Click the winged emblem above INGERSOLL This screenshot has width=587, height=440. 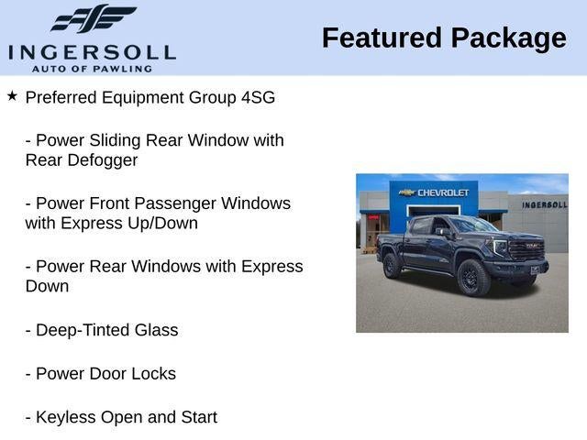[x=94, y=18]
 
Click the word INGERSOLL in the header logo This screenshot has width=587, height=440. [x=92, y=53]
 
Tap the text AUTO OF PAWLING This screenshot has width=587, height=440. [x=92, y=69]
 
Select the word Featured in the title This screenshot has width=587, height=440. [x=382, y=38]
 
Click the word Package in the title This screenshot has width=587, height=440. [x=509, y=39]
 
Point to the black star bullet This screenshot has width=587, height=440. [x=12, y=95]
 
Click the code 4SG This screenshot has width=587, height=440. [x=259, y=98]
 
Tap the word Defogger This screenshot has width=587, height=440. [x=103, y=161]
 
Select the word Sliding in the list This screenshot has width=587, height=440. [x=115, y=141]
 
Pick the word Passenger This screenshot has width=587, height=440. [x=175, y=204]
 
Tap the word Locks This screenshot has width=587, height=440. [x=154, y=374]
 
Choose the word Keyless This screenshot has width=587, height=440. [x=66, y=418]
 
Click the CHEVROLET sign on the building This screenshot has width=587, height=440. [x=434, y=192]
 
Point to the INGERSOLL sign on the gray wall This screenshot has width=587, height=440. [x=545, y=204]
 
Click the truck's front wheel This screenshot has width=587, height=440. [x=473, y=278]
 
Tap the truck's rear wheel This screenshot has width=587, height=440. [x=392, y=266]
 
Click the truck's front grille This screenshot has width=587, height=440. [x=526, y=248]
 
